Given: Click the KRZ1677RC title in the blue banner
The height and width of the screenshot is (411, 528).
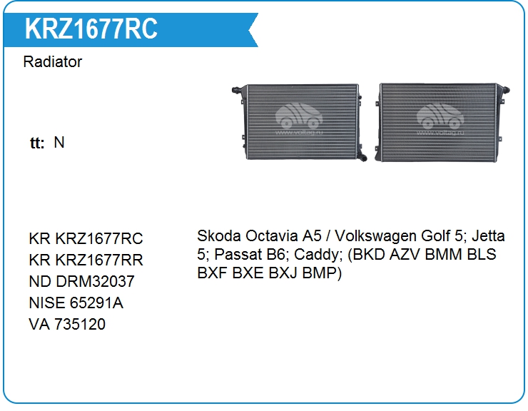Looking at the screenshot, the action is coord(91,29).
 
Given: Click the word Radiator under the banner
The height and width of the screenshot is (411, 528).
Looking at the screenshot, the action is coord(53,61).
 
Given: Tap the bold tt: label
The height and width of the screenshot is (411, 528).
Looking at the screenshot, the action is coord(37,143).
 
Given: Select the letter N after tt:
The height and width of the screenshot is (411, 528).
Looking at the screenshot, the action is coord(59,142).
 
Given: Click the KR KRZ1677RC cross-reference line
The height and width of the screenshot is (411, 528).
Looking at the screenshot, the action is coord(86,238).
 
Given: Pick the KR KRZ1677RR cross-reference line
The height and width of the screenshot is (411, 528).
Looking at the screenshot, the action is coord(86,260).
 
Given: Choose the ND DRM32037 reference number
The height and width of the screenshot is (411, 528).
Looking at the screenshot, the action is coord(82,281).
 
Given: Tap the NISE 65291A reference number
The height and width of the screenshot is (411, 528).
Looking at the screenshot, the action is coord(76,303).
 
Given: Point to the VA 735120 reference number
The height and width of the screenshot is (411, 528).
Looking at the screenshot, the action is coord(67,324).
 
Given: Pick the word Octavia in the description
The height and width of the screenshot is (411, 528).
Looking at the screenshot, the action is coord(271,235).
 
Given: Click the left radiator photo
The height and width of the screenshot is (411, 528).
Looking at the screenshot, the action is coord(300,122).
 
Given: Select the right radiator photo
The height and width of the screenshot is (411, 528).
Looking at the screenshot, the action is coord(442,122).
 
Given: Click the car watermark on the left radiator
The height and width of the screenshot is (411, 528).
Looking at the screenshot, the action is coord(299,118).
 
